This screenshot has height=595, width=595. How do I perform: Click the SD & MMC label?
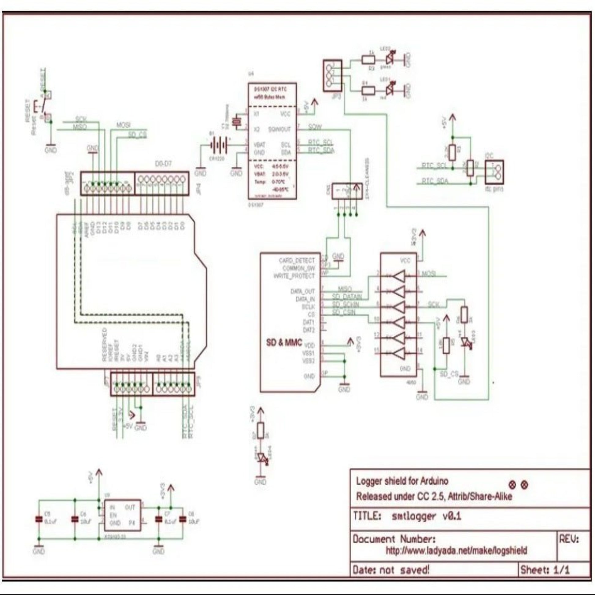coord(284,342)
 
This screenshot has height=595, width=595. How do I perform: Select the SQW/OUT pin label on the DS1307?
coord(279,129)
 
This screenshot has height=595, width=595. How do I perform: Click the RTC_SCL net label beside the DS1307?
coord(320,142)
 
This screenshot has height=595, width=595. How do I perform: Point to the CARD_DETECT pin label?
coord(297,261)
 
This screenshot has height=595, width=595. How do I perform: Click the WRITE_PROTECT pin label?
coord(294,276)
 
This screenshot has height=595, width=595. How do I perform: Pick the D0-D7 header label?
coord(163,164)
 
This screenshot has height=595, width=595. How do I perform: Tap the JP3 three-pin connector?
coord(332,75)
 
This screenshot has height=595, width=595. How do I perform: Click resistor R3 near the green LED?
coord(368,59)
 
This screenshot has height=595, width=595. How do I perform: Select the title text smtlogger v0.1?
coord(426,516)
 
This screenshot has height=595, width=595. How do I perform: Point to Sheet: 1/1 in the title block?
coord(545,570)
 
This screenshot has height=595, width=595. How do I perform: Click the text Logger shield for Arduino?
coord(402,481)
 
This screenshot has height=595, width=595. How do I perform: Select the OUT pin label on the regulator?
coord(130,507)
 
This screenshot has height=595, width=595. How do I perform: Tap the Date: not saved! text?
coord(390,570)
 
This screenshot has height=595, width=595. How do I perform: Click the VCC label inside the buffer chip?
coord(405,261)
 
